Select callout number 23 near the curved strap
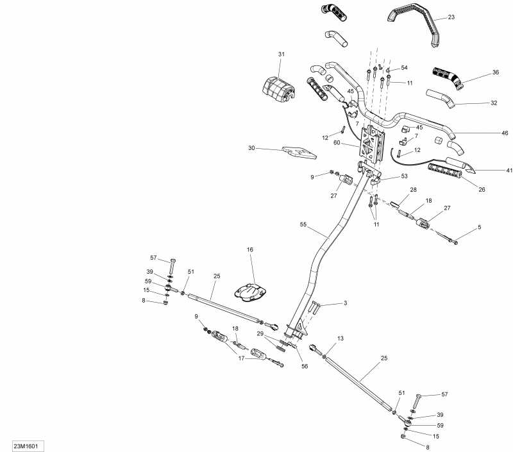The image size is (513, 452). [x=451, y=17]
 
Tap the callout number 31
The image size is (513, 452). [x=282, y=54]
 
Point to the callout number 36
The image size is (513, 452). [x=496, y=72]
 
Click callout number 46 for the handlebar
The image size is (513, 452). [x=505, y=133]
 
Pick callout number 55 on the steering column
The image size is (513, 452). [x=303, y=224]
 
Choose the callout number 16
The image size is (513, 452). [x=250, y=249]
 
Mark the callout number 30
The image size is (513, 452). [x=251, y=148]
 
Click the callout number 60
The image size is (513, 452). [x=337, y=142]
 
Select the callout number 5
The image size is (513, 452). [x=480, y=227]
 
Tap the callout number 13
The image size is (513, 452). [x=341, y=338]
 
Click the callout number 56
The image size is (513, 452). [x=305, y=366]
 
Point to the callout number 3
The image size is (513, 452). [x=345, y=303]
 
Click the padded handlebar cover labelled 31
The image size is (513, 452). [x=278, y=88]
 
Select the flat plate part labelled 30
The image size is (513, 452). [x=299, y=153]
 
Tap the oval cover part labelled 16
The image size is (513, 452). [x=250, y=292]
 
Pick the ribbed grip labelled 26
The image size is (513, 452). [x=445, y=171]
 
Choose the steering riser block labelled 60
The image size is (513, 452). [x=372, y=144]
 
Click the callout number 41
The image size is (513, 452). [x=509, y=170]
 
